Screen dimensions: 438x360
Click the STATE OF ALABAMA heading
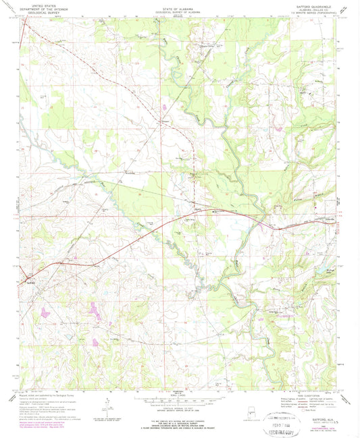pos(180,6)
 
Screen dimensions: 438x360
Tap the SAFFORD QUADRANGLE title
pos(313,5)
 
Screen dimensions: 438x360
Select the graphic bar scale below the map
pos(180,399)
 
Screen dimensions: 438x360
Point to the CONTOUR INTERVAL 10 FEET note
pos(180,406)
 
